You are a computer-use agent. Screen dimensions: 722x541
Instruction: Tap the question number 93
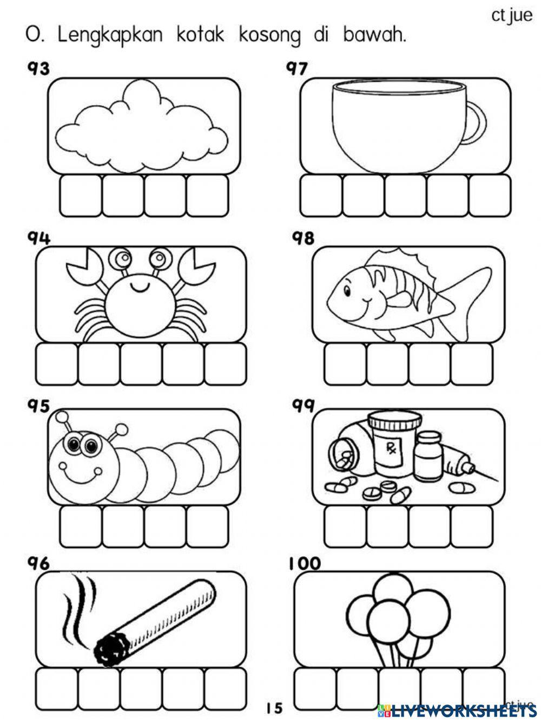[38, 69]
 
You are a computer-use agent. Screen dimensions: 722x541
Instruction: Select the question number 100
[304, 564]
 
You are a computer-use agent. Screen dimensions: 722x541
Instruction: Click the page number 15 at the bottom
[274, 707]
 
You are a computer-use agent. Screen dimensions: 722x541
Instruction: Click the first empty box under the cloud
[80, 195]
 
